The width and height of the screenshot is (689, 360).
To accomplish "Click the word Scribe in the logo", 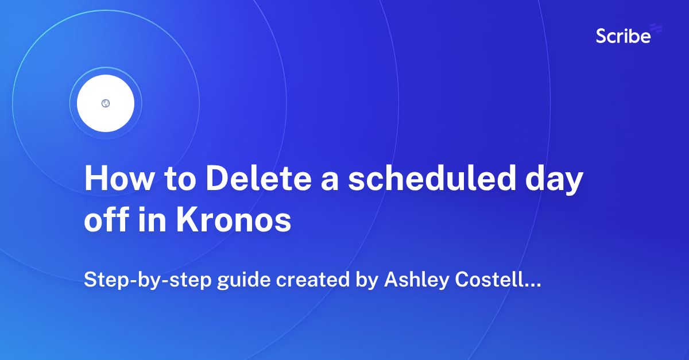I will coord(623,36).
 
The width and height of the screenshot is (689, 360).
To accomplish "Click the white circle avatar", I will coord(106,103).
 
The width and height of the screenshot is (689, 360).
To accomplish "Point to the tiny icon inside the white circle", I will coord(106,103).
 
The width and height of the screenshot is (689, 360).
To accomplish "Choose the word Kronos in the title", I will coord(234,221).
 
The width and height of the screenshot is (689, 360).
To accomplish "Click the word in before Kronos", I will coord(150,221).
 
